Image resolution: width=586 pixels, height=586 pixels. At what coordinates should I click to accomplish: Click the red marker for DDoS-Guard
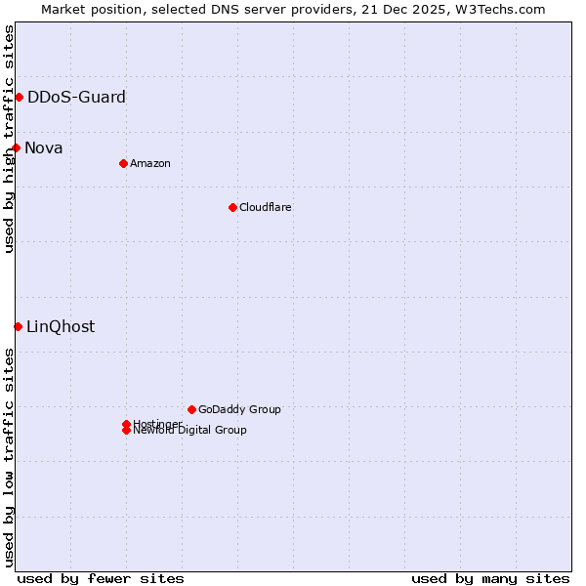coord(19,97)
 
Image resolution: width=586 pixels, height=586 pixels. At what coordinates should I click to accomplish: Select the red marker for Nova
coord(16,147)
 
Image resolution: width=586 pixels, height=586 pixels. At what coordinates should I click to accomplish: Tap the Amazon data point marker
coord(123,163)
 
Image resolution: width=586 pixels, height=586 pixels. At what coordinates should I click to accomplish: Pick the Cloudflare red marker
coord(232,207)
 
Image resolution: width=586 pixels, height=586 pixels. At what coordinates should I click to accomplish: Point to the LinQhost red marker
coord(18,326)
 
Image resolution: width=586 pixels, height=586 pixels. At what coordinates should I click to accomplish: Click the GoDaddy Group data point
coord(191,409)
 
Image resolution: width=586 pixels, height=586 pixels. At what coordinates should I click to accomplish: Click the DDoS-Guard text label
coord(76,97)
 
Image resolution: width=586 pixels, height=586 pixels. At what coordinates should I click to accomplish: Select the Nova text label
coord(44,147)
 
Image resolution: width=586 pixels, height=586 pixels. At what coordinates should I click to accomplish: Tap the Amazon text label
coord(150,163)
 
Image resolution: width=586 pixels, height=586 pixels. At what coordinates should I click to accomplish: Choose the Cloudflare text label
coord(266,207)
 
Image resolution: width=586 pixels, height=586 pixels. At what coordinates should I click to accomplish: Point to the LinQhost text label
coord(61,326)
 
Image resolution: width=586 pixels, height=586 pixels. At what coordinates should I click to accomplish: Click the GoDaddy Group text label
coord(239,409)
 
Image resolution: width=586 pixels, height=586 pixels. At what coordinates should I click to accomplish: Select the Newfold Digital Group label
coord(190,431)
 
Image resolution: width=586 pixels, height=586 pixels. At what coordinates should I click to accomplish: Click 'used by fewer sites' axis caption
coord(101,578)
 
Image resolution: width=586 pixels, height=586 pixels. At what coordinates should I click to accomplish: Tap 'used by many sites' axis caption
coord(490,578)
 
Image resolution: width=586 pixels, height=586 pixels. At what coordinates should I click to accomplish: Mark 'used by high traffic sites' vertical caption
coord(9,139)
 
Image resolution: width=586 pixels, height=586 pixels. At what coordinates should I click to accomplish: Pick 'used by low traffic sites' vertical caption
coord(9,457)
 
